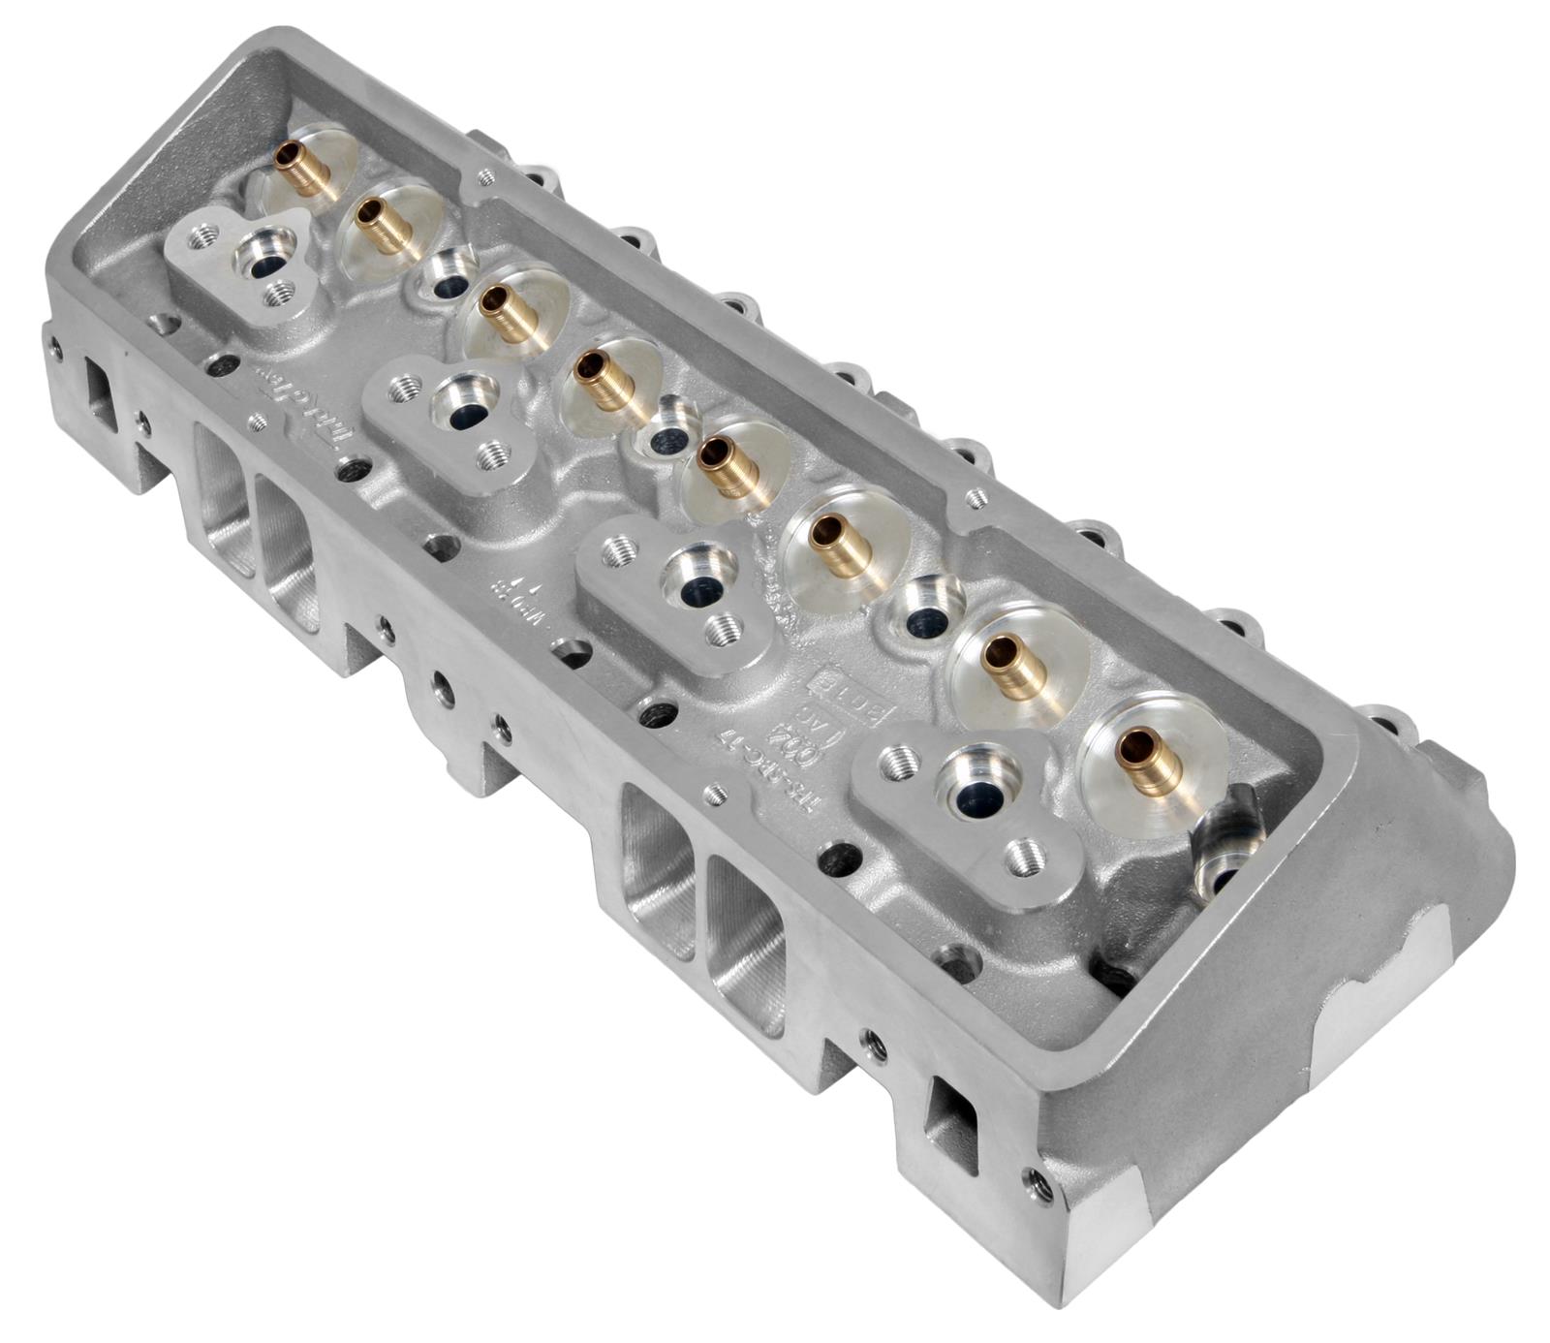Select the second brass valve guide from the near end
click(1010, 666)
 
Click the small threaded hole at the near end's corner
click(1040, 1181)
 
